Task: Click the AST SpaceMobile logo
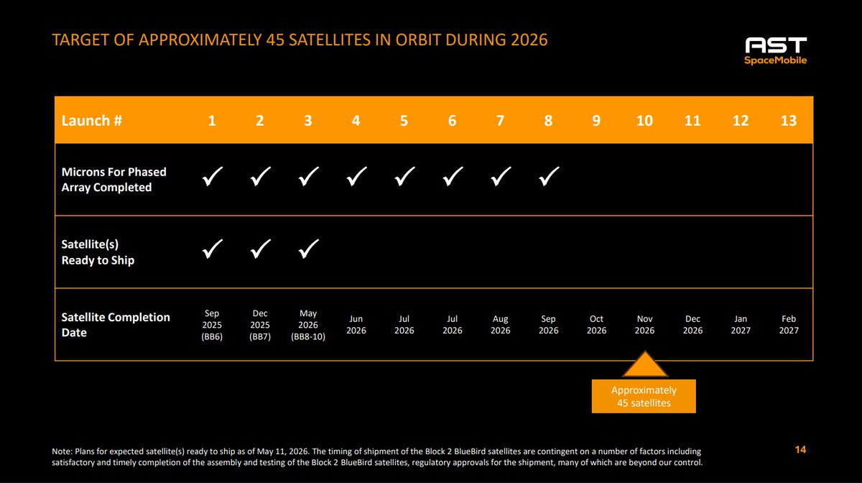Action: (775, 51)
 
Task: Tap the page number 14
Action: (800, 450)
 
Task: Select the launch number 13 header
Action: (789, 121)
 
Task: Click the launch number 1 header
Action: (212, 121)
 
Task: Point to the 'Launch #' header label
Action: (92, 121)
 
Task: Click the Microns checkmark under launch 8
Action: (549, 176)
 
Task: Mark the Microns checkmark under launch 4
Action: (356, 176)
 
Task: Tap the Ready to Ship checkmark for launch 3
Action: (309, 249)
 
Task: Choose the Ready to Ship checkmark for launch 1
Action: (213, 249)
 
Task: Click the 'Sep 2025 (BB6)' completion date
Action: (212, 325)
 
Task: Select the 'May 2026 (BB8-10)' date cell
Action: (308, 325)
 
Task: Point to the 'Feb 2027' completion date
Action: (789, 325)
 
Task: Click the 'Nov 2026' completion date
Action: (644, 325)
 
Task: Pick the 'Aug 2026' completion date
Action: (500, 325)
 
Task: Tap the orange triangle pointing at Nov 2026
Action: (645, 364)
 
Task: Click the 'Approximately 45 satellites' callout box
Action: (644, 396)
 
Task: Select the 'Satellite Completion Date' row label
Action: (116, 325)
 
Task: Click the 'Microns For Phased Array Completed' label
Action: (114, 180)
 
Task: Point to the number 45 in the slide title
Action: (274, 40)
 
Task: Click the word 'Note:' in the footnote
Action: (62, 451)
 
